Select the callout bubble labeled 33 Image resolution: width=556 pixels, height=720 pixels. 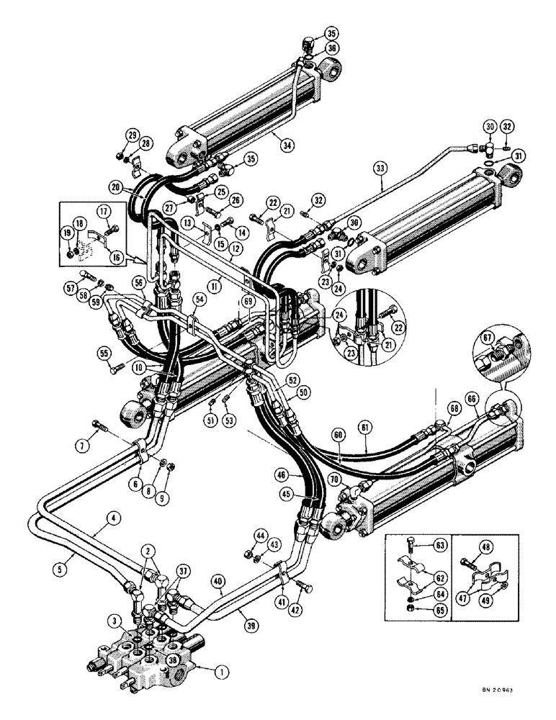tap(380, 170)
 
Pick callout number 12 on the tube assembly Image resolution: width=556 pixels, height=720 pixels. tap(235, 249)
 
